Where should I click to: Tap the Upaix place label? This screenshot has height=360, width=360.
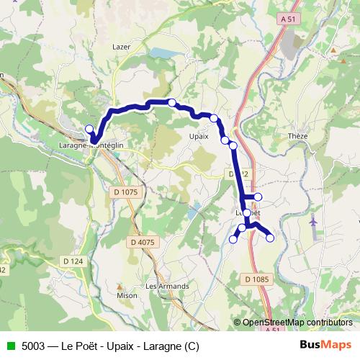198,135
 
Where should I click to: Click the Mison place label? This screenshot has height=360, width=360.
126,295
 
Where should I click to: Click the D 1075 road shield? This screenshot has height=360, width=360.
125,192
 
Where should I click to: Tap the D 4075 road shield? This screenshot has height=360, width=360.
144,242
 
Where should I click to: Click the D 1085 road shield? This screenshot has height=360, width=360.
256,279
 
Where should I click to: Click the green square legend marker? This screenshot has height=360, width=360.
11,346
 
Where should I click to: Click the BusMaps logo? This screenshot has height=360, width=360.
325,346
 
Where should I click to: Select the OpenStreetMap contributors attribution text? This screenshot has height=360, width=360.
297,323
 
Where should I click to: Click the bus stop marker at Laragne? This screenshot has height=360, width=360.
90,130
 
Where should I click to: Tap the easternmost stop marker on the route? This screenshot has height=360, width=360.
271,238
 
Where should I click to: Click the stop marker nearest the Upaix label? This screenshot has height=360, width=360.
214,118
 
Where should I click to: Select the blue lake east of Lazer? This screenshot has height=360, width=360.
160,53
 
